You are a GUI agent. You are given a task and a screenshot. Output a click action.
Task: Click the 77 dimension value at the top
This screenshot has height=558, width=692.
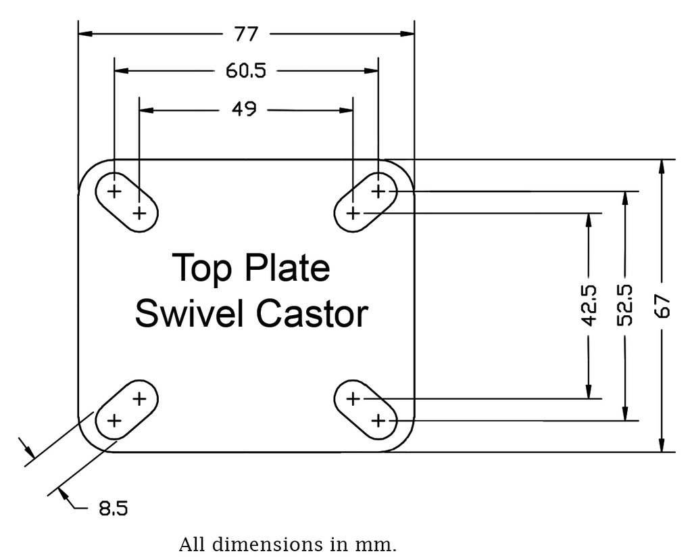247,34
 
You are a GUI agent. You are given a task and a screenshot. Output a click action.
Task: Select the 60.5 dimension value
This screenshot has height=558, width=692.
246,71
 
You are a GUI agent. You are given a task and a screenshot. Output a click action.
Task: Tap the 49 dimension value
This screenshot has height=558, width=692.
244,110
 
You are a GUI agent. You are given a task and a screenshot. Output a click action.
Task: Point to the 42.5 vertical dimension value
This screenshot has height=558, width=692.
589,305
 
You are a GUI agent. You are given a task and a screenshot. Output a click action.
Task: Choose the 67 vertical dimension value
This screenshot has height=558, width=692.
663,306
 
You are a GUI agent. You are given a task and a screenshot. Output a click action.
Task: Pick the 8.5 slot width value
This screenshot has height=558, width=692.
113,509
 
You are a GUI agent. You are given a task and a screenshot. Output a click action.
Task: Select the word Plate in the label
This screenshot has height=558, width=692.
287,268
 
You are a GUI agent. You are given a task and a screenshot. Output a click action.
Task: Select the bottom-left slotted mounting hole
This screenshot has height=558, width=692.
127,409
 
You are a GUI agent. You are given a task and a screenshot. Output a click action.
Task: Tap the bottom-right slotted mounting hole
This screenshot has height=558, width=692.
366,409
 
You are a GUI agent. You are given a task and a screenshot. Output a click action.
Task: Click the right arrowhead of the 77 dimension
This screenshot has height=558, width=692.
407,33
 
